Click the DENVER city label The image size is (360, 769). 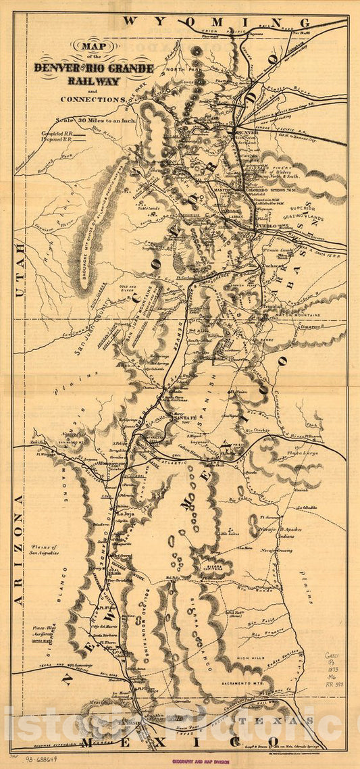[249, 132]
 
